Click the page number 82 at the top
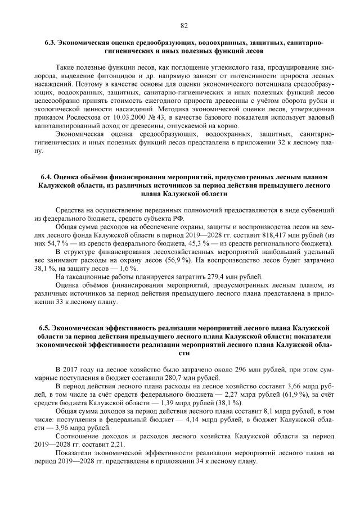[x=183, y=25]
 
